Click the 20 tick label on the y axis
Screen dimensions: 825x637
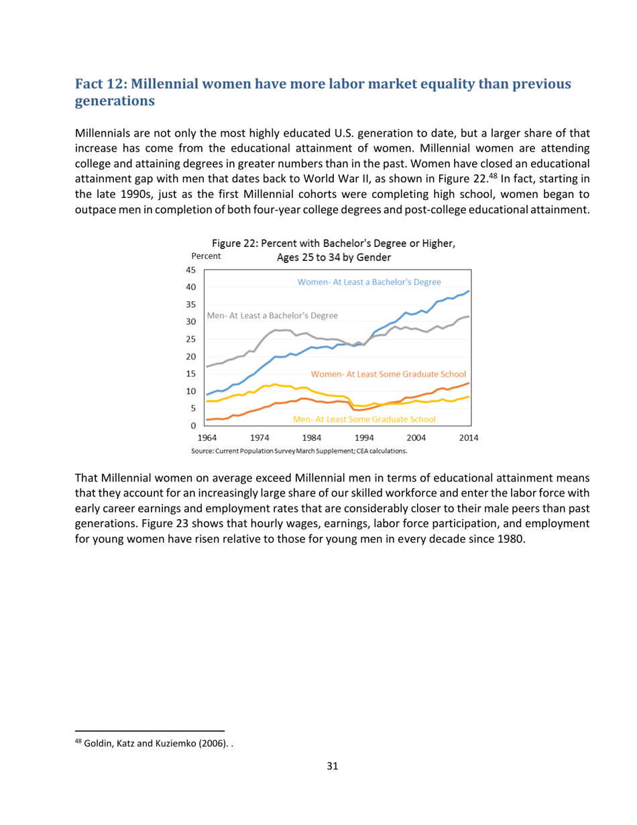[x=190, y=357]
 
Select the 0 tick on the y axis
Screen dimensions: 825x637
[x=193, y=426]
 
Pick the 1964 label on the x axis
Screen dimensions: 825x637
[x=207, y=438]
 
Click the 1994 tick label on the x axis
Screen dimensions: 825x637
[x=363, y=438]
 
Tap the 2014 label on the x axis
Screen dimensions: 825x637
[x=468, y=438]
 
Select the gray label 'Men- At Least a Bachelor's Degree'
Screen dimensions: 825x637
[x=273, y=315]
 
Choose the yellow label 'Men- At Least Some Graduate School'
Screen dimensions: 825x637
[x=365, y=419]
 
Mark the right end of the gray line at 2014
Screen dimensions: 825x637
[x=469, y=317]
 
